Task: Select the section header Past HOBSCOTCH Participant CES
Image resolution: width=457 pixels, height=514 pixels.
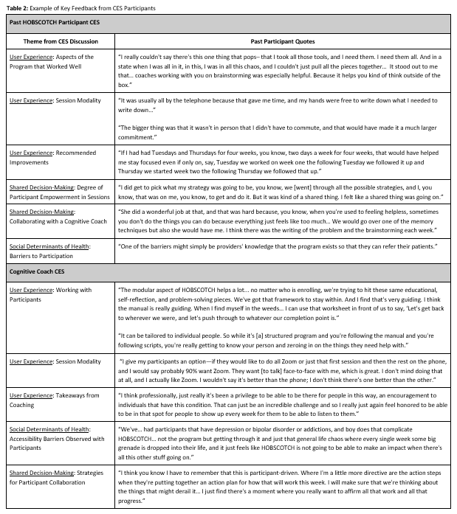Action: pyautogui.click(x=55, y=23)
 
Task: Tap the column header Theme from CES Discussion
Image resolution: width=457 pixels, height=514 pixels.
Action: pyautogui.click(x=61, y=42)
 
